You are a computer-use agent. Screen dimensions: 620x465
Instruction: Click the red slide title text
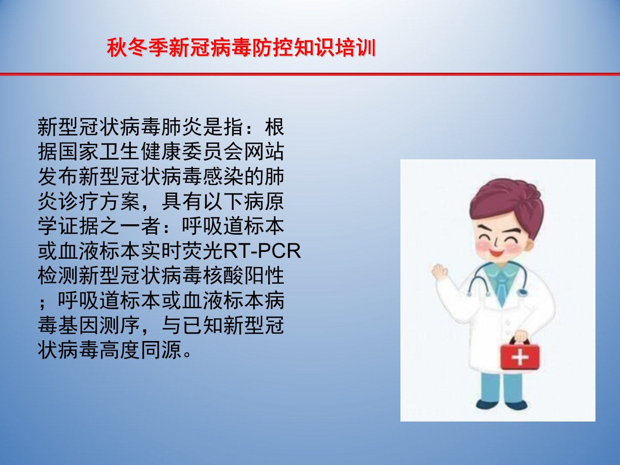[x=241, y=48]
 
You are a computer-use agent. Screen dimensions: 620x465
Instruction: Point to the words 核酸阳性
[x=243, y=276]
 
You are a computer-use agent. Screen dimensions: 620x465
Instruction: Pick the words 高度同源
[x=140, y=350]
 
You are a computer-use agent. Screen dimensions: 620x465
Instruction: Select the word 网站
[x=264, y=152]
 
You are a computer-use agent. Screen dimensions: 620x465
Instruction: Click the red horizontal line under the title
[x=310, y=74]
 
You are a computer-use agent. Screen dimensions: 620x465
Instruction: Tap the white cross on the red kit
[x=520, y=358]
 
